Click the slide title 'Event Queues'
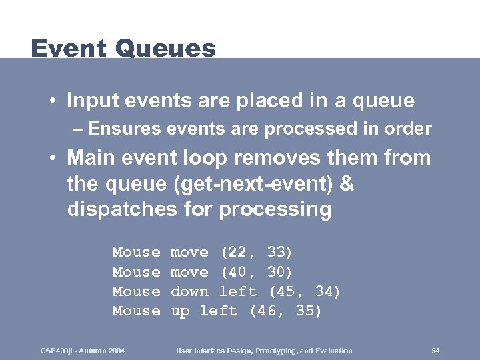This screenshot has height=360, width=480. click(x=123, y=49)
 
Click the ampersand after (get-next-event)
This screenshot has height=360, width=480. click(x=347, y=184)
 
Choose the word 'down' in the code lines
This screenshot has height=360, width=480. click(x=189, y=291)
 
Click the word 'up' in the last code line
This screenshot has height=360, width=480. click(x=180, y=311)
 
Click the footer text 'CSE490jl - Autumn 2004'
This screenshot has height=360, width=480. click(x=83, y=351)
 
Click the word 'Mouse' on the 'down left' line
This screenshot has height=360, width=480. click(x=136, y=291)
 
